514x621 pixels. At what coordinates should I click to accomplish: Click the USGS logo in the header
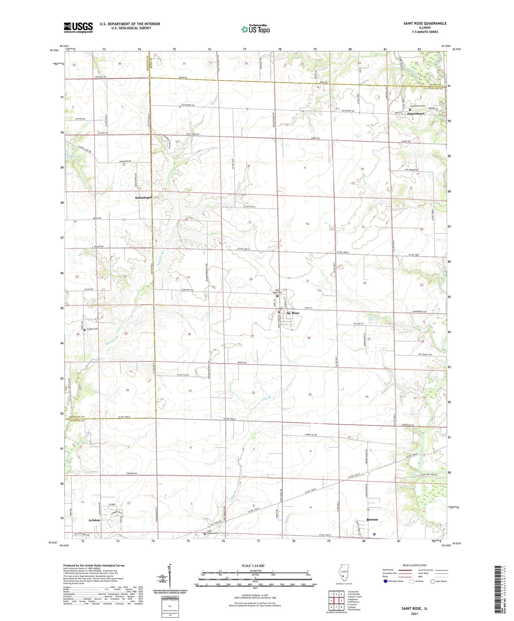(78, 27)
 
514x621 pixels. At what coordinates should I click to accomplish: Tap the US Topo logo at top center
(255, 29)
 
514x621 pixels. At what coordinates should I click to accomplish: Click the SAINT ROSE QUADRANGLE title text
(425, 23)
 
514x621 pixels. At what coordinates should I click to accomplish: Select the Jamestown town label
(415, 113)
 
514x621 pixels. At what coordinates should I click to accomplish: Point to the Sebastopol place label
(143, 198)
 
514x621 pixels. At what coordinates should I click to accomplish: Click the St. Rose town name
(293, 313)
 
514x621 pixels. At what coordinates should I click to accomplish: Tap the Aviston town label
(94, 520)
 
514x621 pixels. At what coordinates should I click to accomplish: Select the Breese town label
(372, 519)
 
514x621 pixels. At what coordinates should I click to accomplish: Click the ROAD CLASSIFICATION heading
(415, 565)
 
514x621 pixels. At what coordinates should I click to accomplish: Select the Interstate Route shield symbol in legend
(385, 581)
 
